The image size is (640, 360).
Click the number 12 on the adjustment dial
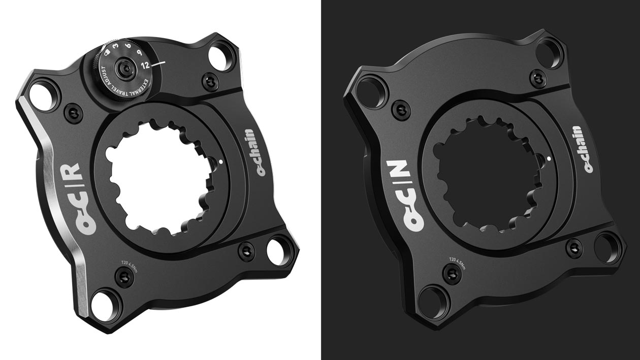145,65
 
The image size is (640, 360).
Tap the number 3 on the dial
116,46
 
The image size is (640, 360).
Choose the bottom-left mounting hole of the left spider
106,302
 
